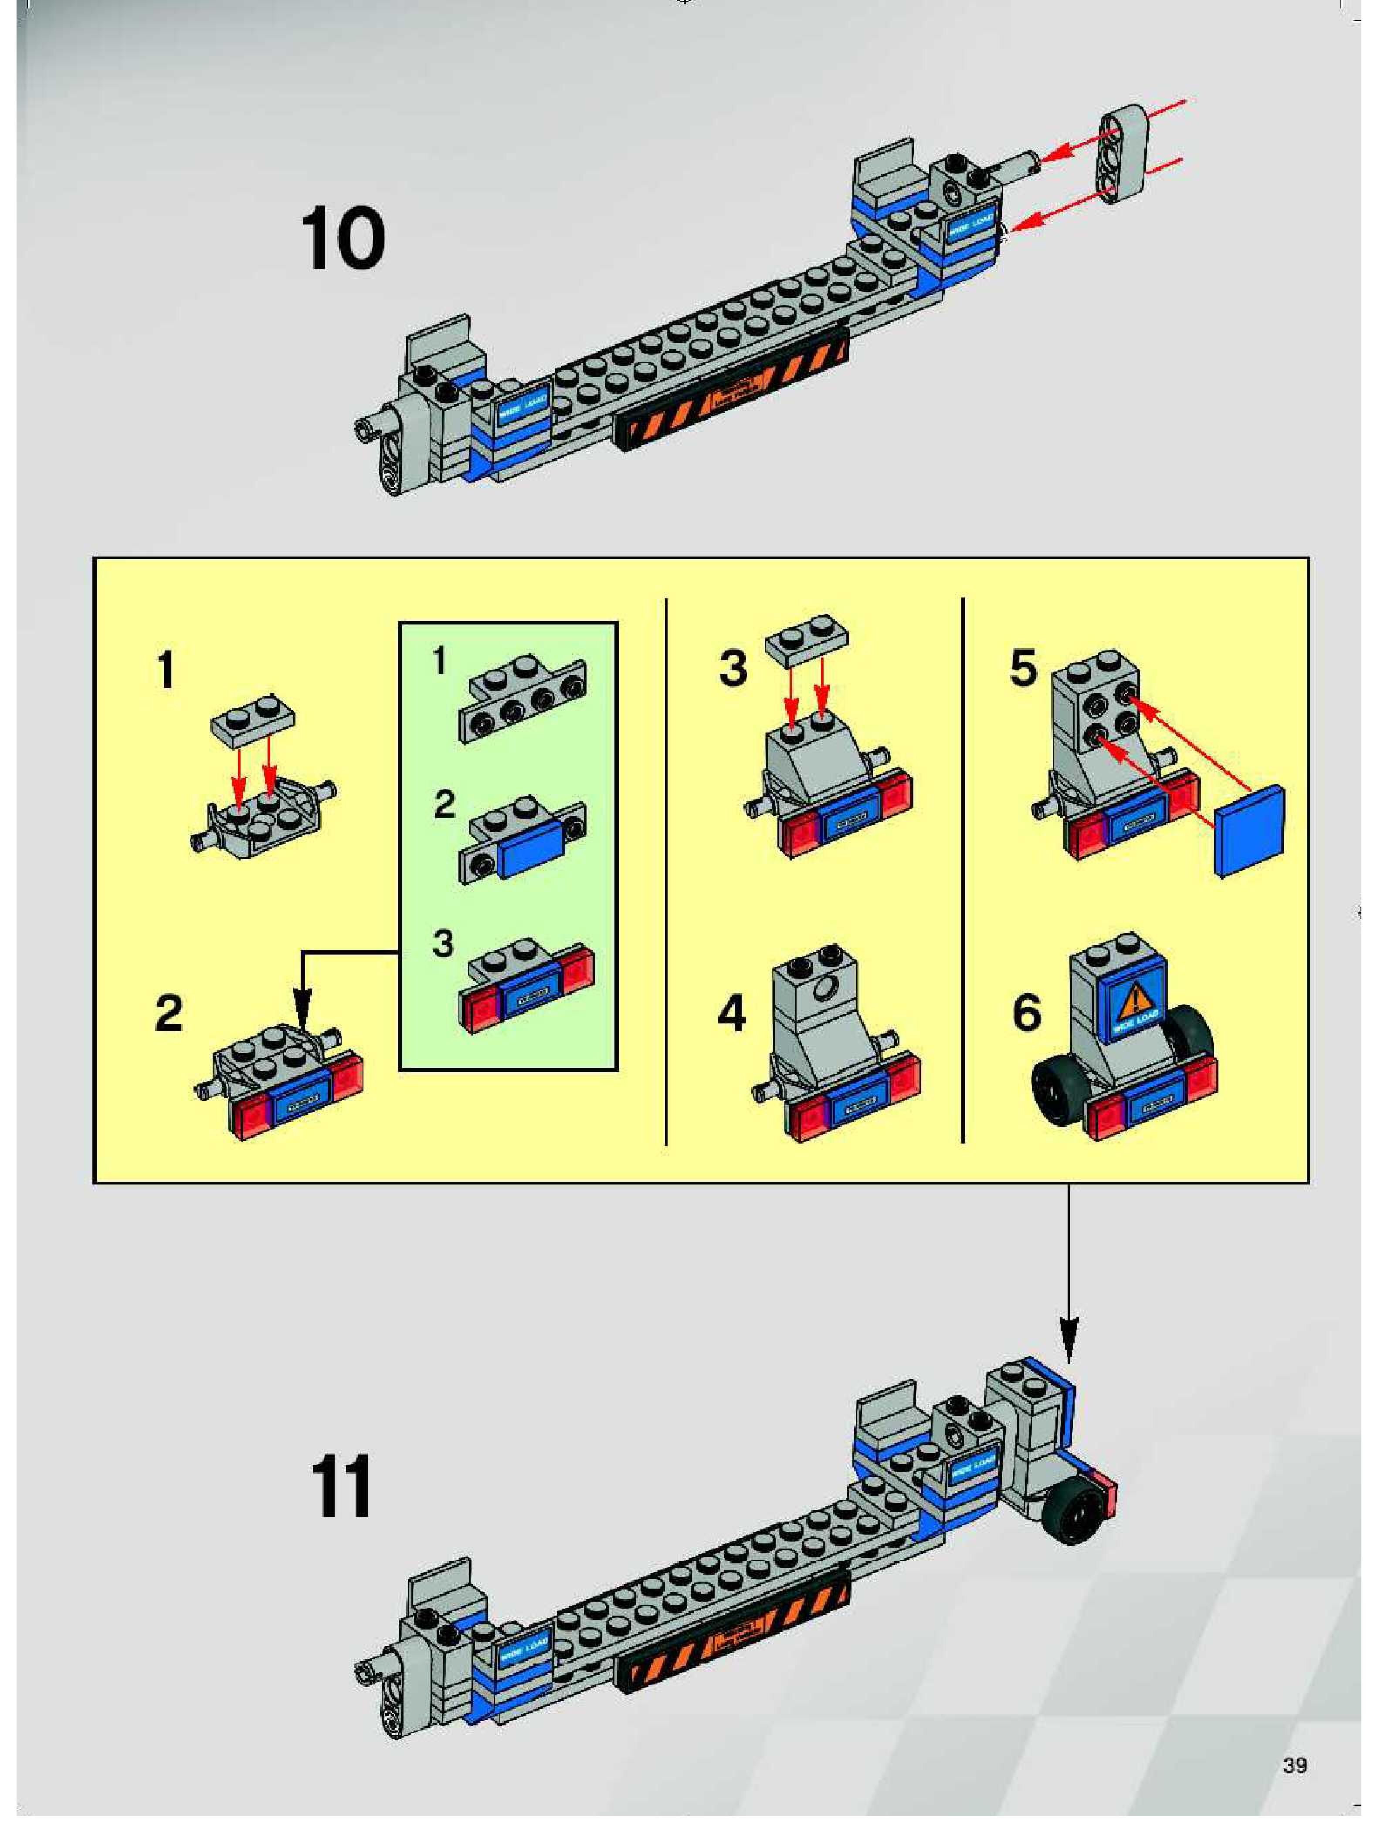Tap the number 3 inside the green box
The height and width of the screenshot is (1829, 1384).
(x=444, y=943)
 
